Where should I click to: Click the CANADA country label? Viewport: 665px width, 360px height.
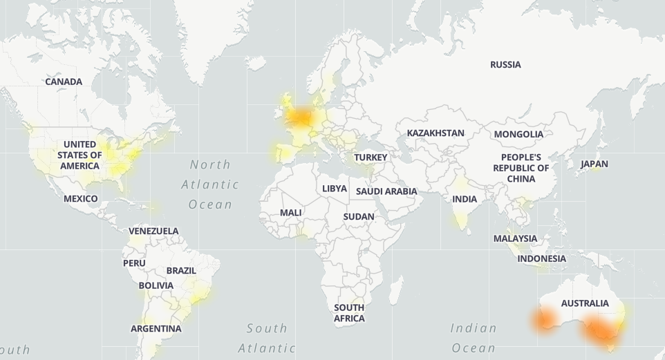click(64, 82)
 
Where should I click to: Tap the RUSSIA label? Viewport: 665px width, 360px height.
click(505, 64)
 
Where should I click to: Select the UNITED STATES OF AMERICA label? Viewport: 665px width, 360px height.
click(79, 155)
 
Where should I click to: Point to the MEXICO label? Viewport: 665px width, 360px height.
click(81, 198)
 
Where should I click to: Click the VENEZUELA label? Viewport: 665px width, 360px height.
click(153, 231)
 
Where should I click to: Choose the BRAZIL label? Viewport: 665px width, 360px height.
click(181, 271)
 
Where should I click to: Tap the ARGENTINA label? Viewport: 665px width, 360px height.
click(156, 328)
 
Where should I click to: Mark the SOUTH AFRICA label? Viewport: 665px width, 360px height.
click(349, 313)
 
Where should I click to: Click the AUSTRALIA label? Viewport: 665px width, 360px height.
click(585, 303)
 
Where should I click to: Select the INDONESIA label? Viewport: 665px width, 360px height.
click(541, 258)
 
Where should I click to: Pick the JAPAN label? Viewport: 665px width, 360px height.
click(594, 164)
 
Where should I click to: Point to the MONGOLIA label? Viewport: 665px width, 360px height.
click(518, 134)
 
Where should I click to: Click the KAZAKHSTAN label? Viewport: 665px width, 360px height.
click(435, 133)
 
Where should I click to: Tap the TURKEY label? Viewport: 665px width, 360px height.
click(371, 157)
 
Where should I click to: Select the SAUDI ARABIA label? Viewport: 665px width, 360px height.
click(386, 191)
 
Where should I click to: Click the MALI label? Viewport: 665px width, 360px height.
click(290, 212)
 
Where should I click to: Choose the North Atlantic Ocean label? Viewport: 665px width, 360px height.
click(210, 184)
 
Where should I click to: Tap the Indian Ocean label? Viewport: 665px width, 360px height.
click(474, 338)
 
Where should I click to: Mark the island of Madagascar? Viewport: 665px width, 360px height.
click(395, 288)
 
